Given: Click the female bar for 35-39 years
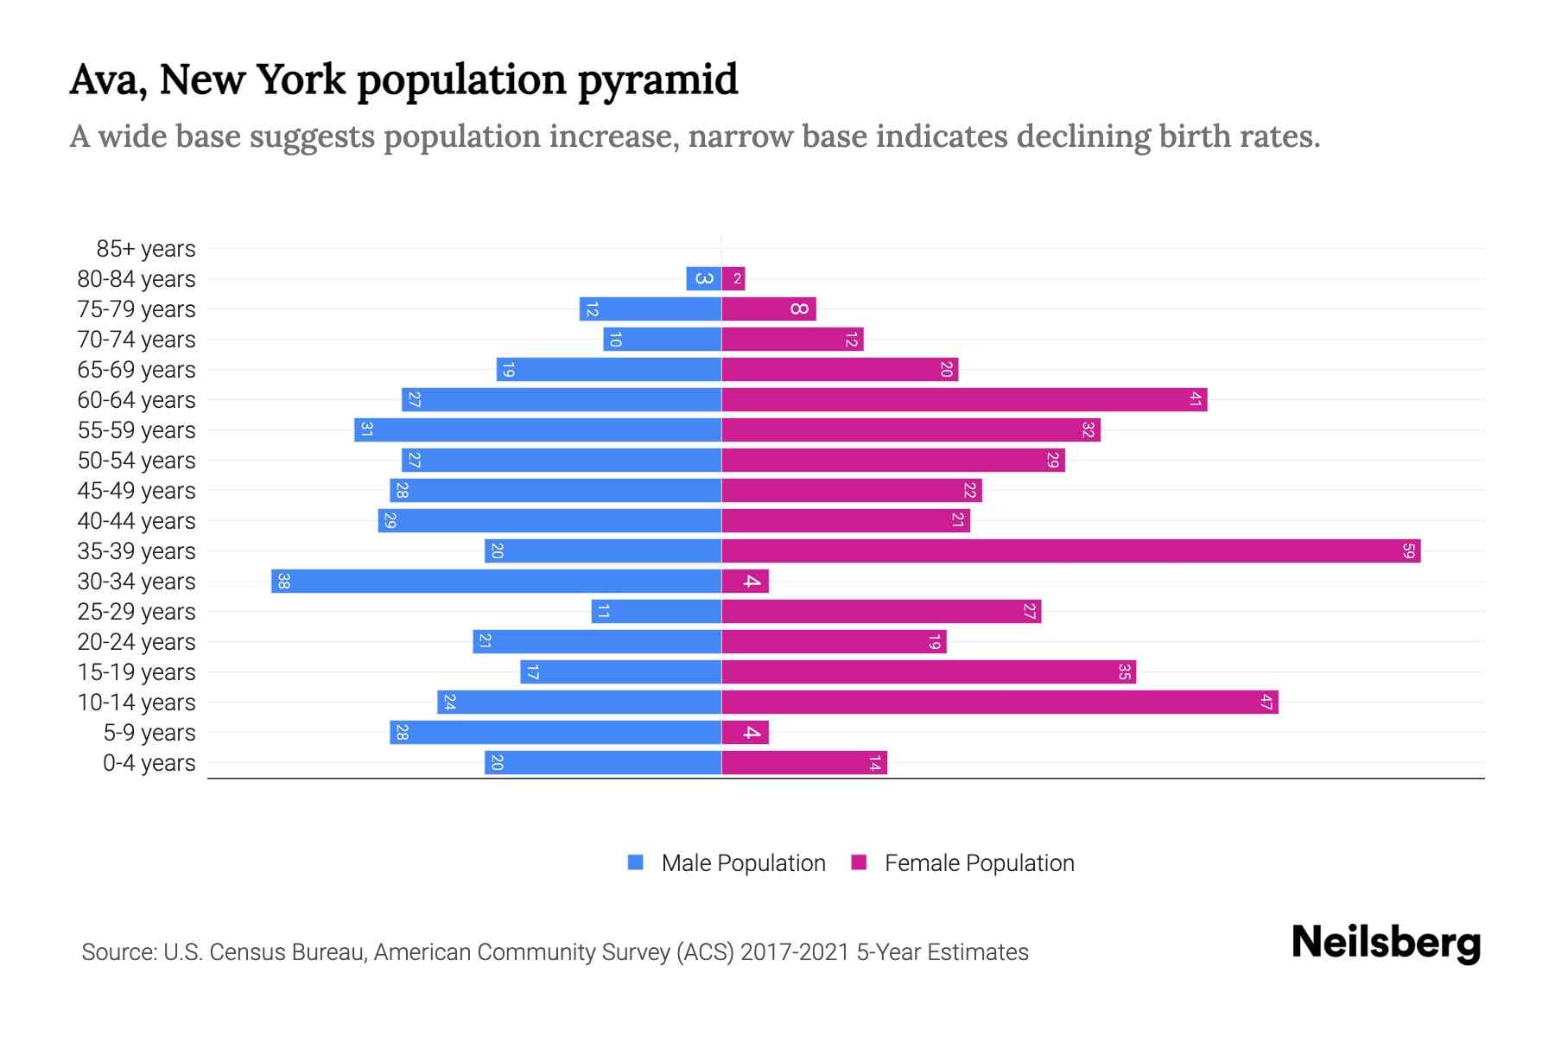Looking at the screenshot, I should point(1070,551).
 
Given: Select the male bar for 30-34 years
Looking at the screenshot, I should point(496,582).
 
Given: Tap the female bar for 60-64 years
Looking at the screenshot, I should point(963,400).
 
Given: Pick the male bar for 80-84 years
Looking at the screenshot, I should point(703,279).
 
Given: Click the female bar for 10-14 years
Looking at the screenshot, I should point(1000,703).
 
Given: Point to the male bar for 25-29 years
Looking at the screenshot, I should point(656,612).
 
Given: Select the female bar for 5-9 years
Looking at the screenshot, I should point(745,733).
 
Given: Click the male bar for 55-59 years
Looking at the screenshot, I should point(537,430).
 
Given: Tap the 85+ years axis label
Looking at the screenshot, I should point(146,249).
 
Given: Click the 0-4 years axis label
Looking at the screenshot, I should point(149,763).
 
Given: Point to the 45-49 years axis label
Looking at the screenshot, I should point(136,491).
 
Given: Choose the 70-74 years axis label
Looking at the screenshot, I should point(136,340).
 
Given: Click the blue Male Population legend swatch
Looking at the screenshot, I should point(636,862).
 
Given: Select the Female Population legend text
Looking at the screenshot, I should point(979,863).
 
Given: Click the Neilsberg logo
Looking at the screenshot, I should point(1386,943).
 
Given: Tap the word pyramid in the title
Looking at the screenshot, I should point(657,81).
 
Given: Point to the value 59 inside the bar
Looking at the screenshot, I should point(1408,551).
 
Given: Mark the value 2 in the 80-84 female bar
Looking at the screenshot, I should point(737,279).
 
